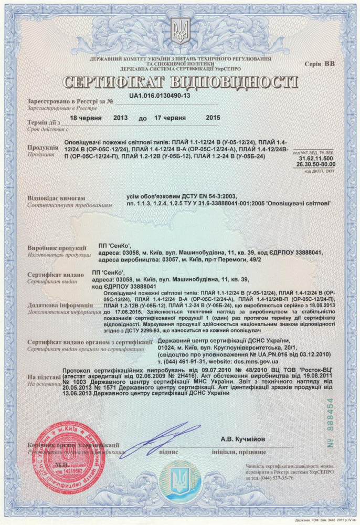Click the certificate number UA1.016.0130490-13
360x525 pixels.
click(x=159, y=97)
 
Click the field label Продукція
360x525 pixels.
click(x=42, y=148)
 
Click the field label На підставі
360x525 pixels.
click(x=43, y=377)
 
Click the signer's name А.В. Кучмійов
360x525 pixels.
click(x=243, y=439)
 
